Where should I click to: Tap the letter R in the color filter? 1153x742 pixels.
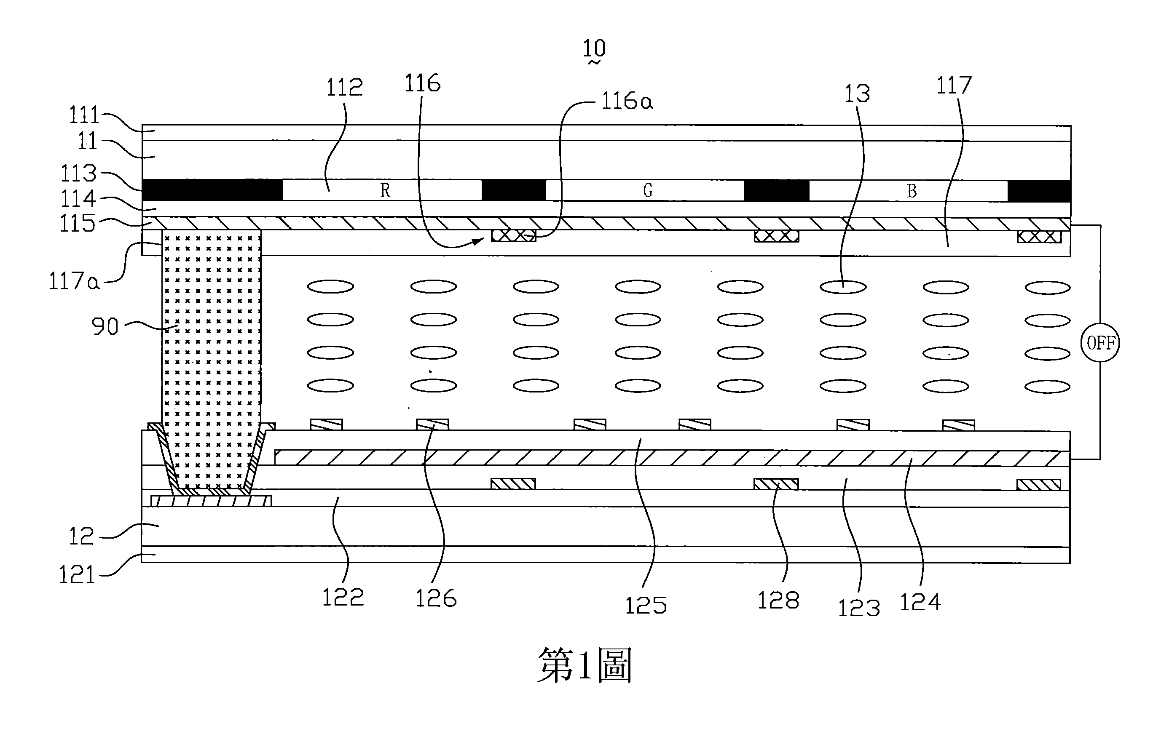pyautogui.click(x=385, y=191)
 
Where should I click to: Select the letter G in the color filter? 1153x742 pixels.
pyautogui.click(x=648, y=191)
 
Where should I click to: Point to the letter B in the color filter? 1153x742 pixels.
pyautogui.click(x=911, y=191)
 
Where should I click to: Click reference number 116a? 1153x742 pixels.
pyautogui.click(x=627, y=101)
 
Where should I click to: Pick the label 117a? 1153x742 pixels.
pyautogui.click(x=74, y=281)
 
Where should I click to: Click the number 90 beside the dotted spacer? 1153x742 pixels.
pyautogui.click(x=105, y=327)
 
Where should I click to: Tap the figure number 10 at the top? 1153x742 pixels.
pyautogui.click(x=594, y=49)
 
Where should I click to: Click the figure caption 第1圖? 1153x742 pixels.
pyautogui.click(x=584, y=665)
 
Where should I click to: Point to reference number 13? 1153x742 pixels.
pyautogui.click(x=857, y=94)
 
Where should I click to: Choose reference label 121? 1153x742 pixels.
pyautogui.click(x=76, y=575)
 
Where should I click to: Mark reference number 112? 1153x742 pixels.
pyautogui.click(x=344, y=88)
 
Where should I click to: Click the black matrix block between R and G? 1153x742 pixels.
pyautogui.click(x=513, y=190)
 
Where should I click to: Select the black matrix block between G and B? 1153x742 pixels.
pyautogui.click(x=777, y=190)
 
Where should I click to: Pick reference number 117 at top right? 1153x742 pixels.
pyautogui.click(x=953, y=86)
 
